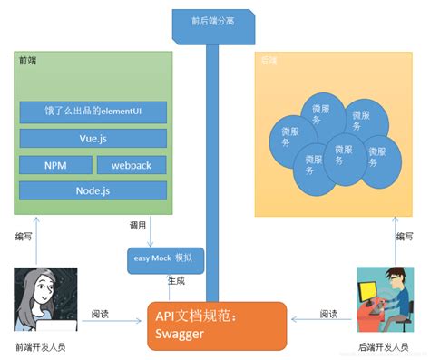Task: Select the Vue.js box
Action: pyautogui.click(x=93, y=139)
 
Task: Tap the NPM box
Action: pyautogui.click(x=54, y=165)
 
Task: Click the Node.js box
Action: pyautogui.click(x=93, y=191)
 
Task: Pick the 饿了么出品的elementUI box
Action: pyautogui.click(x=93, y=112)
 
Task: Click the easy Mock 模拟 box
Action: pyautogui.click(x=165, y=258)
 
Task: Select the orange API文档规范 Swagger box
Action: pyautogui.click(x=217, y=325)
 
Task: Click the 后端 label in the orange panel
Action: pyautogui.click(x=269, y=60)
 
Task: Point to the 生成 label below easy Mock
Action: pyautogui.click(x=178, y=281)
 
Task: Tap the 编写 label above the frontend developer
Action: pyautogui.click(x=25, y=237)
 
